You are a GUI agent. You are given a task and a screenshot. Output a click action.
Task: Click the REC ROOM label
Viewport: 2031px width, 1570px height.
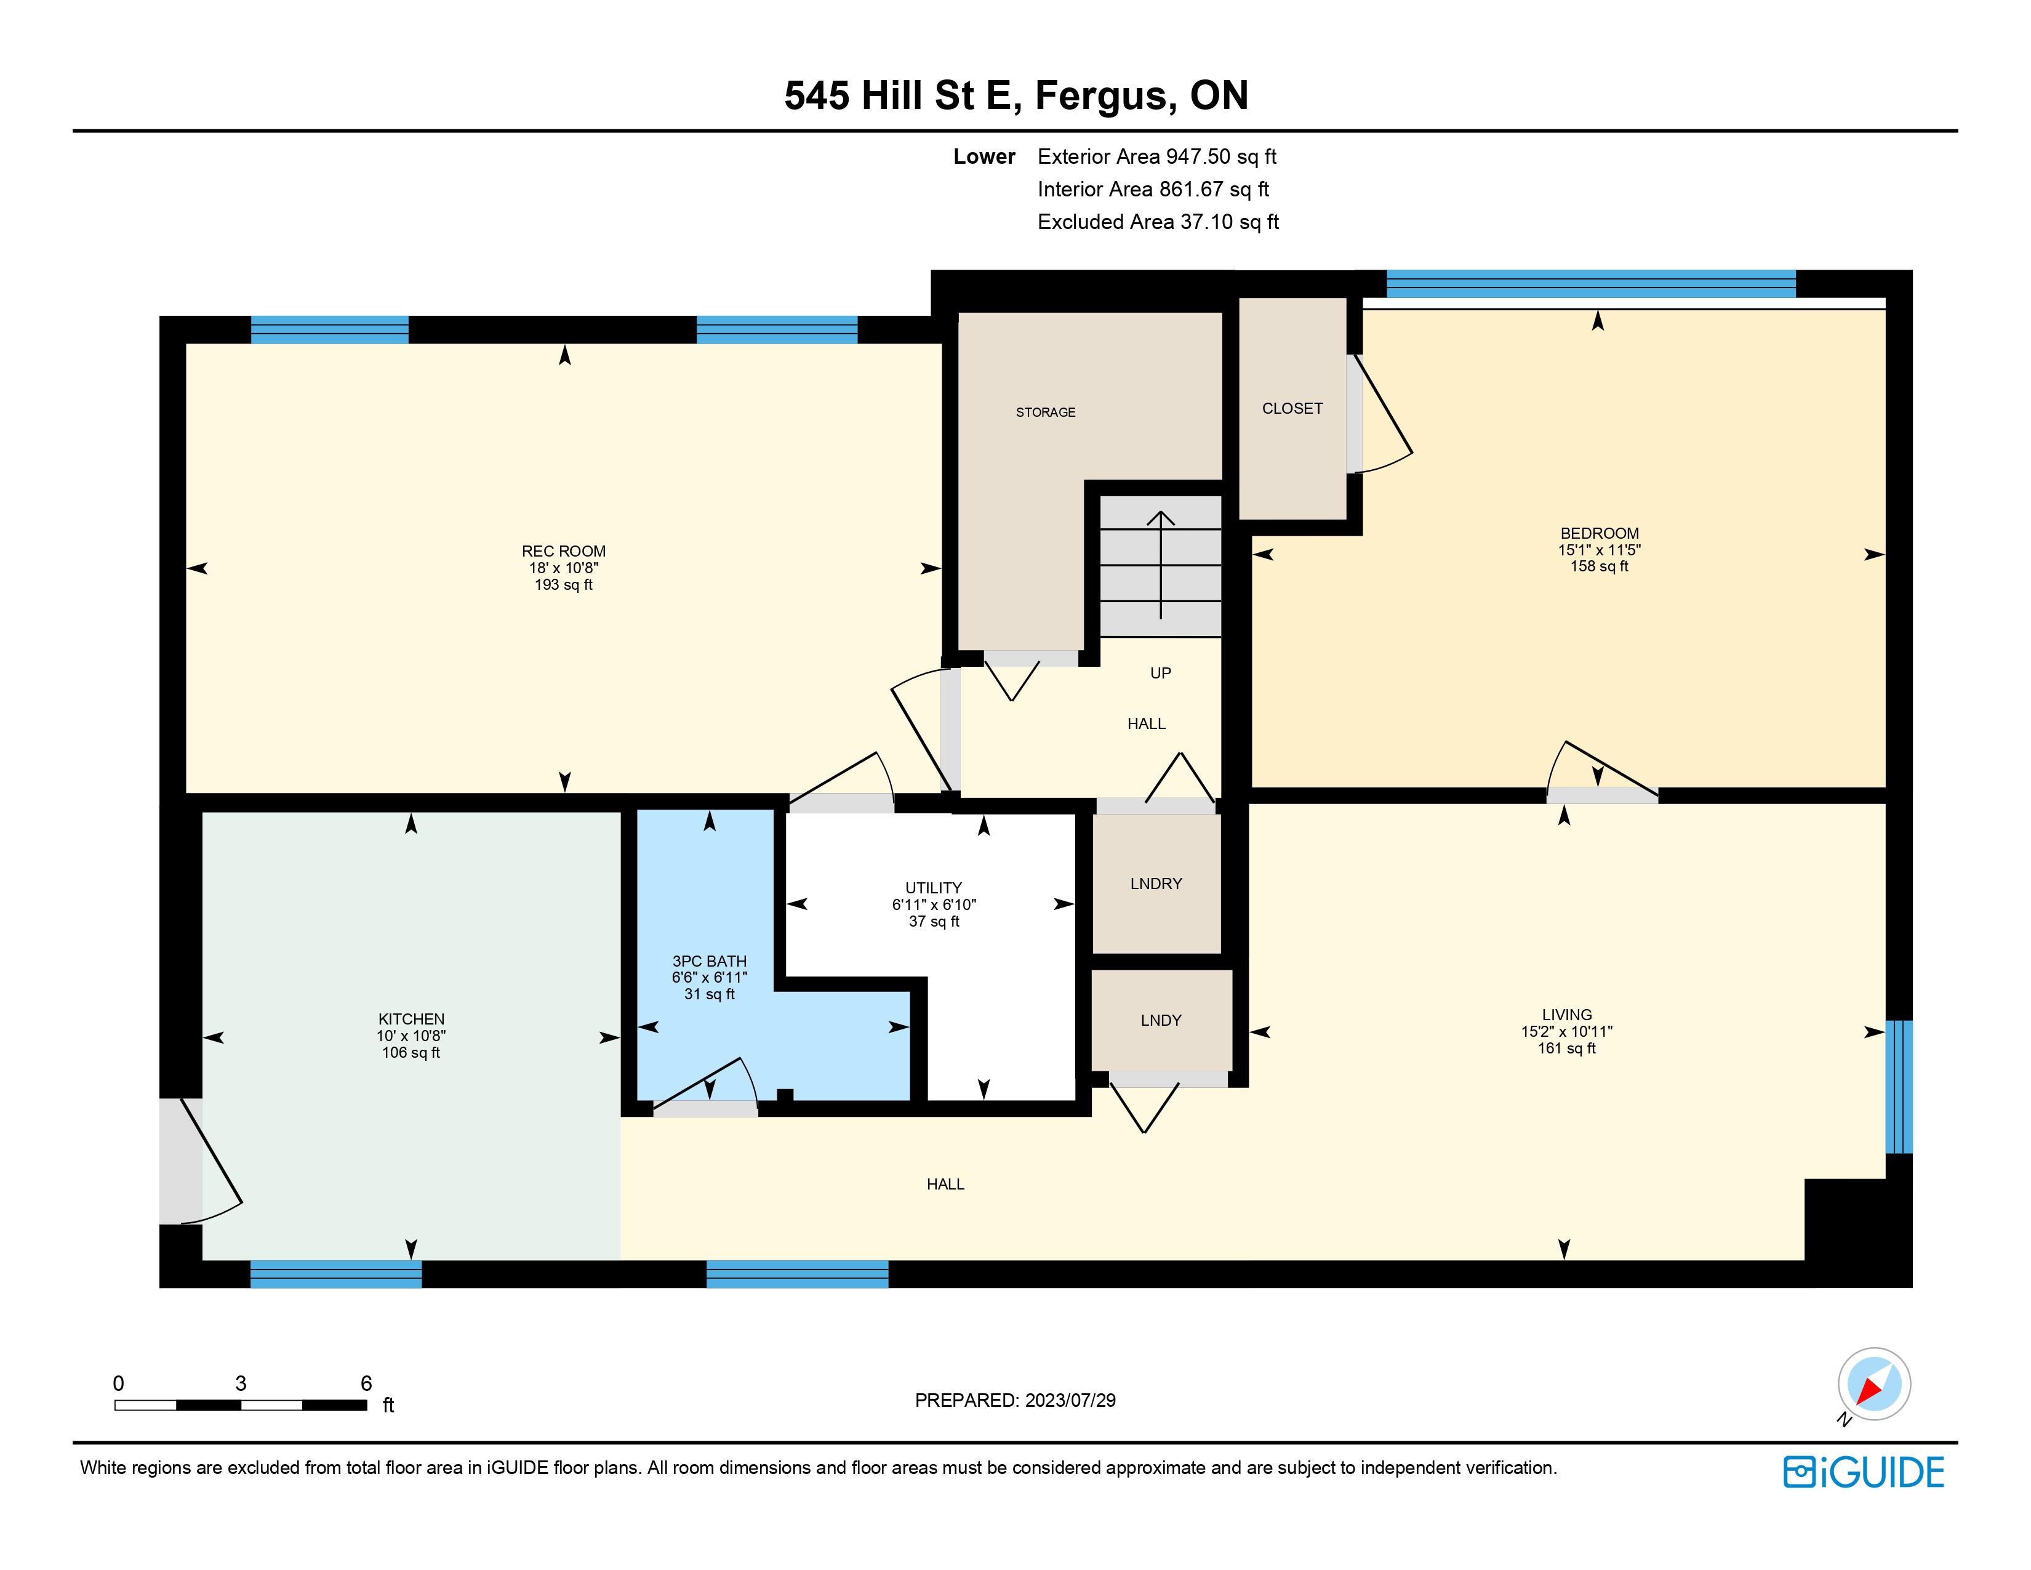coord(564,552)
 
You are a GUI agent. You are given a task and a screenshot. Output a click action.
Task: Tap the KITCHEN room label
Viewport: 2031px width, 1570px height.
coord(411,1020)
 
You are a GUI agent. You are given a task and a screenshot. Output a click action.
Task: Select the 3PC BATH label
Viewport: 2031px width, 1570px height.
coord(710,962)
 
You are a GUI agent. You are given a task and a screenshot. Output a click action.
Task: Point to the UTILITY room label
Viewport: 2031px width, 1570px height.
coord(934,888)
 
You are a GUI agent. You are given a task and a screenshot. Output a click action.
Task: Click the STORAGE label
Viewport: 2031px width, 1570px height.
coord(1045,412)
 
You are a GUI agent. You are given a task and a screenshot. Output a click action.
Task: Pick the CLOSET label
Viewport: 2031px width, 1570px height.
coord(1292,408)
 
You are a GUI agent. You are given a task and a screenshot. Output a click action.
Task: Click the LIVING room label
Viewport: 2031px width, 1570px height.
coord(1567,1015)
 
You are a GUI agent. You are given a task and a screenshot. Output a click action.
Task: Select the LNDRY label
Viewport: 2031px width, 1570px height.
coord(1156,884)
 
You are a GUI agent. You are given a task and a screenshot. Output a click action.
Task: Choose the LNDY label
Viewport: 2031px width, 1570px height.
coord(1161,1020)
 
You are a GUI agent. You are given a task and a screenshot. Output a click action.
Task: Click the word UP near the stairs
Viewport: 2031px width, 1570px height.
coord(1161,674)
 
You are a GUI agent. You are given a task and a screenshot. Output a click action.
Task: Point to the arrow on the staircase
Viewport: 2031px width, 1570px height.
coord(1161,565)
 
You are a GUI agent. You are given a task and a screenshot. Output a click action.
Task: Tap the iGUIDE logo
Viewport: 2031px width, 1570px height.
coord(1864,1472)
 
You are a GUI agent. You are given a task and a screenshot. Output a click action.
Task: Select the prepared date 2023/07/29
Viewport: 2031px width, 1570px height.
coord(1070,1401)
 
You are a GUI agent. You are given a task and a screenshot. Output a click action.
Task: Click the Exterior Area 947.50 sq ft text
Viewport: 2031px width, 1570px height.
coord(1157,157)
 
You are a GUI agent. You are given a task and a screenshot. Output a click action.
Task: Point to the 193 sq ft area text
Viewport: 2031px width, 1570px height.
coord(564,585)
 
